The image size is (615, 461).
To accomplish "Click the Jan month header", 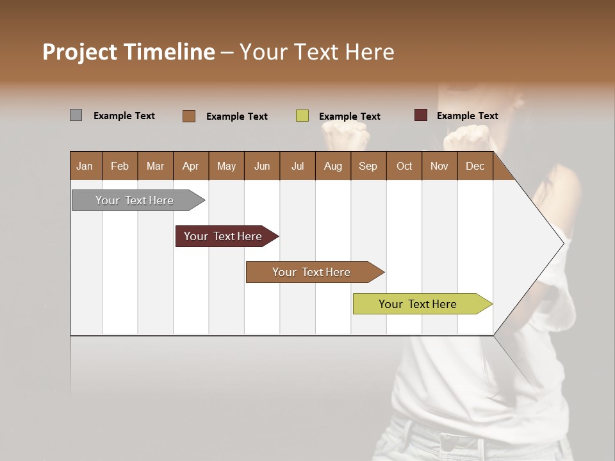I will tap(85, 166).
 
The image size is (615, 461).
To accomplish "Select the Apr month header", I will tap(191, 166).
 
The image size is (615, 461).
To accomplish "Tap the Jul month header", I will tap(298, 166).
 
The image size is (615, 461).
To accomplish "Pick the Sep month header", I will tap(368, 166).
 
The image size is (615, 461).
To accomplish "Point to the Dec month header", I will tap(475, 166).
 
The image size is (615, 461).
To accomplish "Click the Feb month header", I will tap(120, 166).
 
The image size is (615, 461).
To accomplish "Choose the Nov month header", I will tap(439, 166).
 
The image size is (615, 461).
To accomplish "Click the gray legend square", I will tap(76, 115).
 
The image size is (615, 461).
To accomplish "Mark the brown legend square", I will tap(189, 116).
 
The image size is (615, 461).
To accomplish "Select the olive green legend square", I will tap(302, 116).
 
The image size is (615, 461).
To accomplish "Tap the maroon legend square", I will tap(421, 115).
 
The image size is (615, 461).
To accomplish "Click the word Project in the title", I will tap(80, 52).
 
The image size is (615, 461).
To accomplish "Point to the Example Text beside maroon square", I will tap(467, 116).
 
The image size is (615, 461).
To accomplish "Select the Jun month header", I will tap(262, 166).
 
